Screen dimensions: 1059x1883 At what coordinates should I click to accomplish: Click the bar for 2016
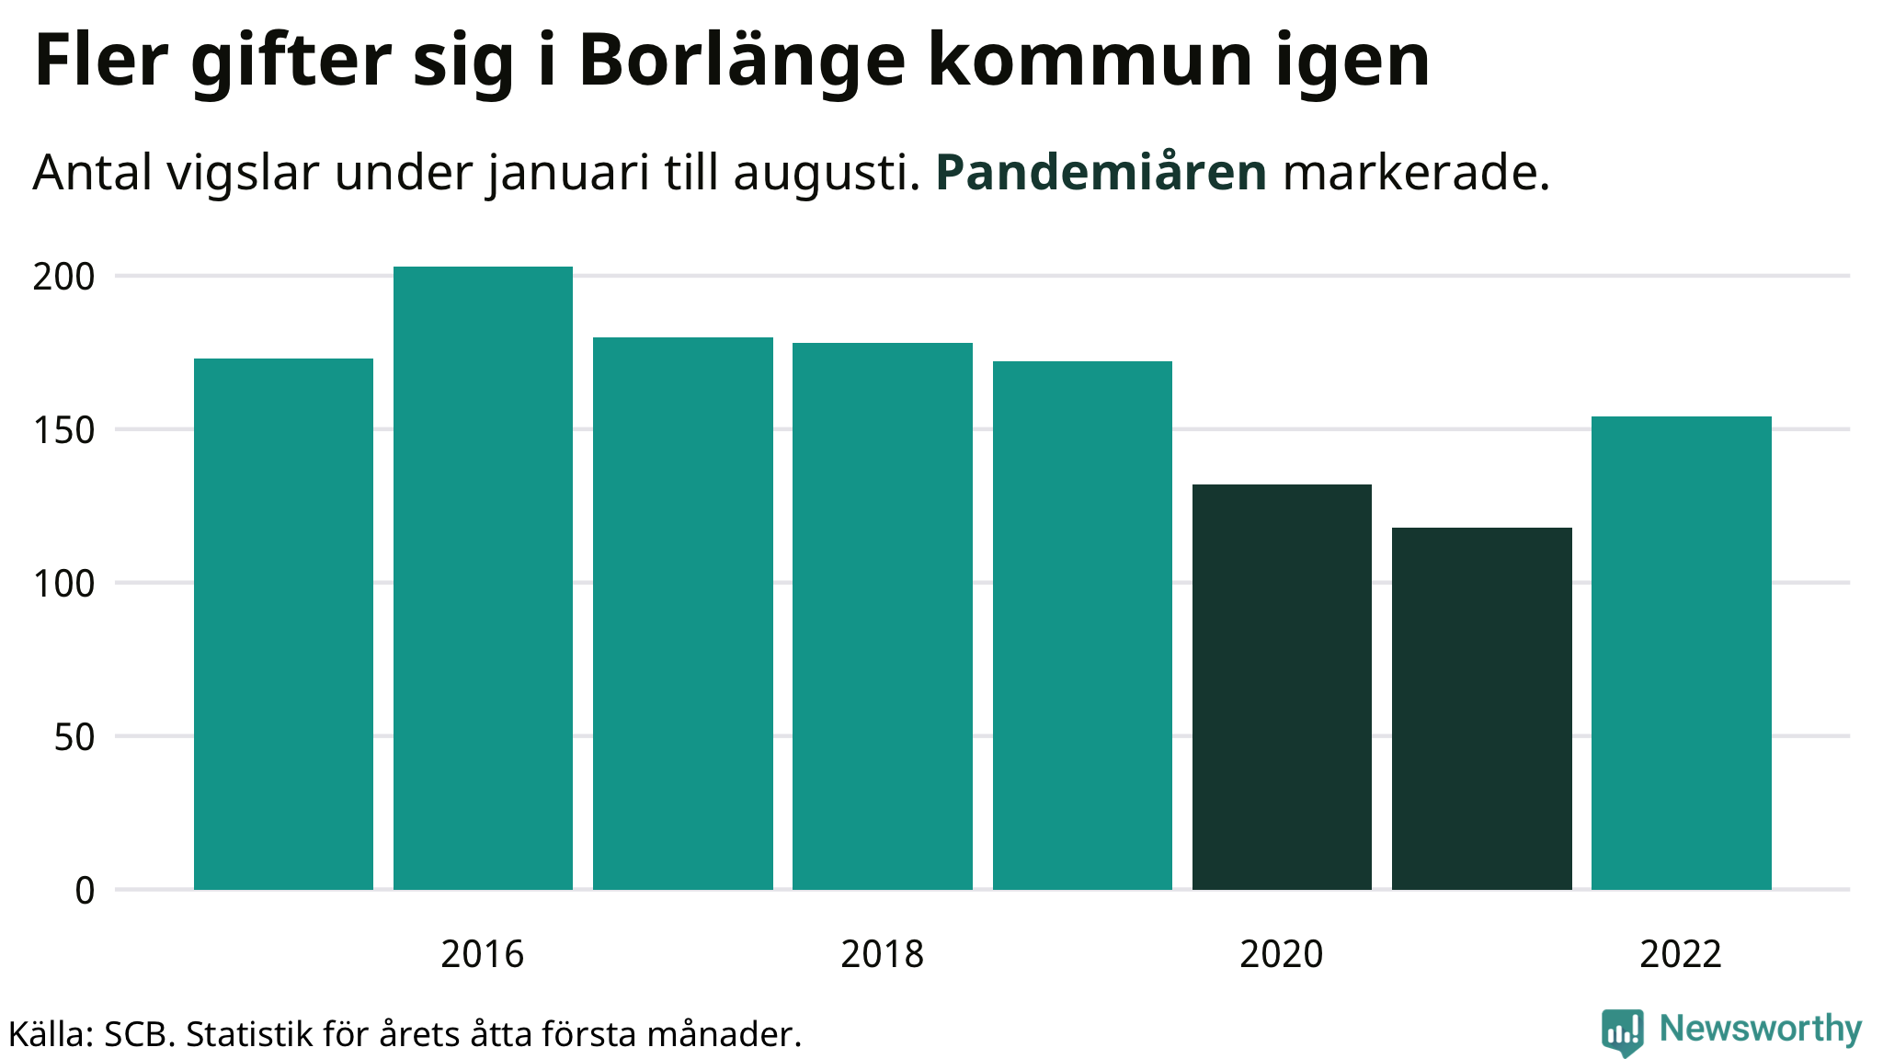pyautogui.click(x=483, y=578)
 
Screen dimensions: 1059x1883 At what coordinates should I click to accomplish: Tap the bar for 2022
pyautogui.click(x=1681, y=653)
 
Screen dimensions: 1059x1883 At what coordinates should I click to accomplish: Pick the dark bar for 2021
pyautogui.click(x=1481, y=709)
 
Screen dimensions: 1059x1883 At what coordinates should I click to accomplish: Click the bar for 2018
pyautogui.click(x=883, y=616)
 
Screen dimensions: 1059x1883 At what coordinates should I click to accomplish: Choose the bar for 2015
pyautogui.click(x=283, y=624)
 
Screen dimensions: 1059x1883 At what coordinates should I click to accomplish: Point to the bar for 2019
pyautogui.click(x=1082, y=625)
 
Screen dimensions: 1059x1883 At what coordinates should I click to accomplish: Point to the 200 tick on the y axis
pyautogui.click(x=63, y=277)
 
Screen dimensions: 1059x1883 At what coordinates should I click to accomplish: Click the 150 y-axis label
pyautogui.click(x=63, y=430)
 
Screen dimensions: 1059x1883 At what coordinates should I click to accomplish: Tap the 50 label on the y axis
pyautogui.click(x=74, y=737)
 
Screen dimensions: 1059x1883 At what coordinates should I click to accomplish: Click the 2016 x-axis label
pyautogui.click(x=482, y=954)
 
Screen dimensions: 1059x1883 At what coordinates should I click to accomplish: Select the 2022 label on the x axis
pyautogui.click(x=1680, y=954)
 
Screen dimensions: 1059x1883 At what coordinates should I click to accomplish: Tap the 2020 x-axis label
pyautogui.click(x=1281, y=954)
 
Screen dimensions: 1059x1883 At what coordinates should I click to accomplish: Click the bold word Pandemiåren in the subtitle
pyautogui.click(x=1101, y=173)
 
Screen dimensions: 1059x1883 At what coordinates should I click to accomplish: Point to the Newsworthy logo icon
pyautogui.click(x=1622, y=1031)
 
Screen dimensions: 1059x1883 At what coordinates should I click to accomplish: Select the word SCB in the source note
pyautogui.click(x=136, y=1035)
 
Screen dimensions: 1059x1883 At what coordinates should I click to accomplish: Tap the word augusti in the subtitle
pyautogui.click(x=827, y=173)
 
